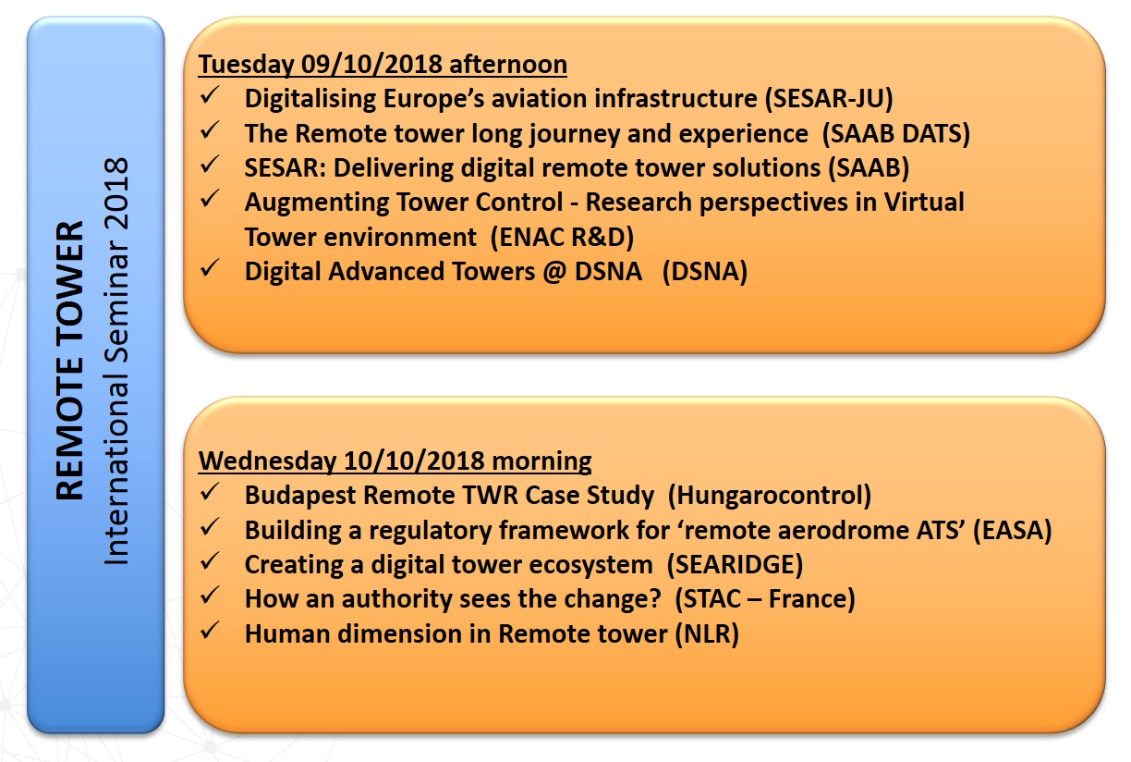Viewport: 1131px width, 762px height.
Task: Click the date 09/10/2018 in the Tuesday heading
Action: tap(371, 65)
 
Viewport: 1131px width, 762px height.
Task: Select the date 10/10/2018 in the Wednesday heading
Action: tap(414, 461)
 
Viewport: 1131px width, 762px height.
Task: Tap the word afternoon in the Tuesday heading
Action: tap(508, 65)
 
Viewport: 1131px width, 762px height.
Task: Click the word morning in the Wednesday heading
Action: tap(541, 461)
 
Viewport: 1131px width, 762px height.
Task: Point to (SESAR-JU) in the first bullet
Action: tap(829, 99)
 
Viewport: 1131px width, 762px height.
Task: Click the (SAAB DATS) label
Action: tap(896, 134)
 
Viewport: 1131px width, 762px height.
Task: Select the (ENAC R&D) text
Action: tap(562, 238)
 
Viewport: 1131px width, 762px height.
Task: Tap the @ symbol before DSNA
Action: tap(554, 272)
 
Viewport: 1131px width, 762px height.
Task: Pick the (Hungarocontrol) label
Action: tap(770, 496)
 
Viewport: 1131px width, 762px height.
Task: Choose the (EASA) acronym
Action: tap(1013, 531)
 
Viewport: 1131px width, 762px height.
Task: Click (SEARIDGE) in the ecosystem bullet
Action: tap(735, 565)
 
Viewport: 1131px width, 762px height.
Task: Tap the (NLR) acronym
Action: tap(708, 634)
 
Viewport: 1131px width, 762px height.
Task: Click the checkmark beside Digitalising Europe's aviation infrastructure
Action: tap(210, 95)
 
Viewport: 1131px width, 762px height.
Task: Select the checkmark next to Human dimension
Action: tap(210, 631)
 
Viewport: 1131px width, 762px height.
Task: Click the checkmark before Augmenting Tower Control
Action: tap(210, 199)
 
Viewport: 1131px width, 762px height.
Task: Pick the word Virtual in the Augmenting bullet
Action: tap(924, 203)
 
